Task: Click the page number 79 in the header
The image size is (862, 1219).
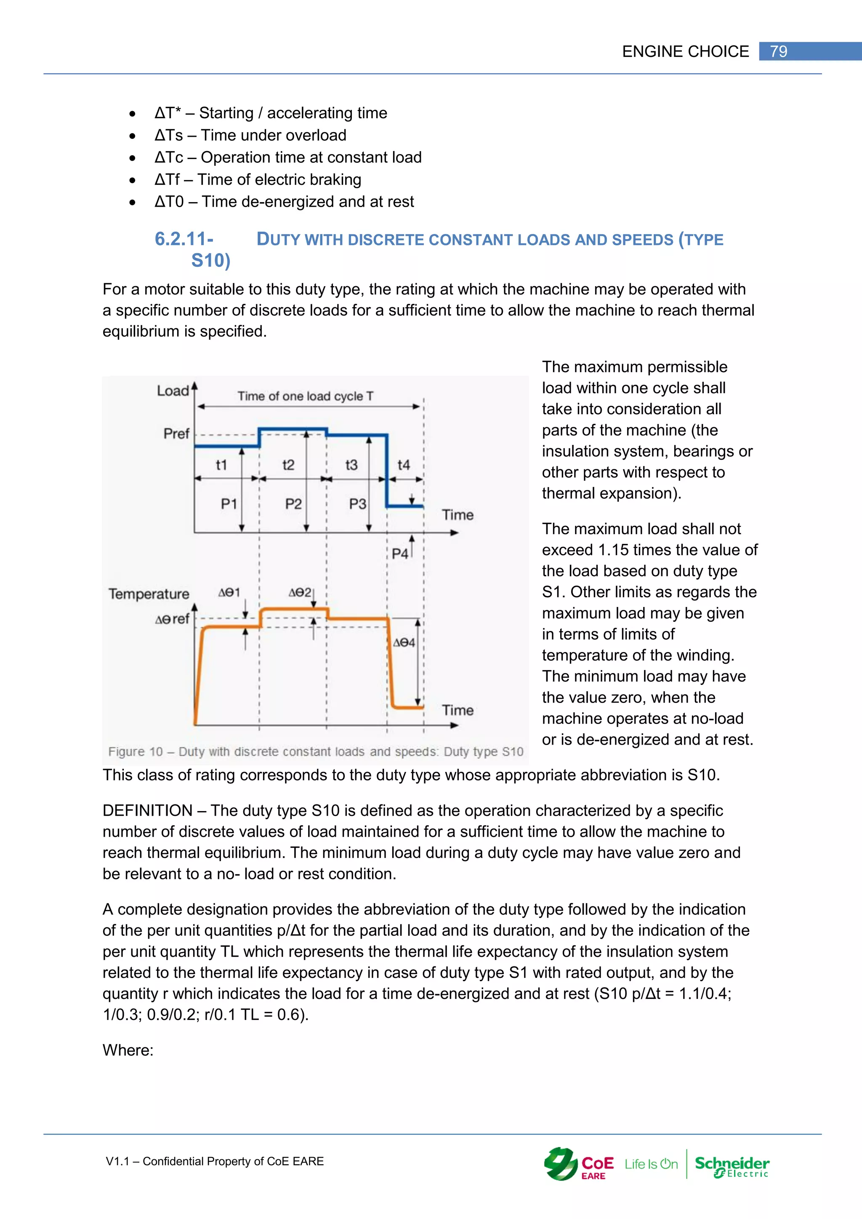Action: pos(778,51)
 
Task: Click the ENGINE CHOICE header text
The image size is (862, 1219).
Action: pos(685,51)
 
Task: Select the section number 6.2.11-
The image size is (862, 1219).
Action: pos(184,239)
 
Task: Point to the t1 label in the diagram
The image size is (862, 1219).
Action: pos(221,465)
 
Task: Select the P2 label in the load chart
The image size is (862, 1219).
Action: pos(293,503)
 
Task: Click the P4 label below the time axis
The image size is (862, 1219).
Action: pos(400,554)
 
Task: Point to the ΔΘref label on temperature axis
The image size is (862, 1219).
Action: pos(172,619)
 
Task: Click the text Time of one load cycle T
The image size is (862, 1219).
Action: pos(305,396)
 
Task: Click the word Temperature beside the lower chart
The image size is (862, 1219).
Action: pos(149,594)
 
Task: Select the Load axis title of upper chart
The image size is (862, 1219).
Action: pos(173,391)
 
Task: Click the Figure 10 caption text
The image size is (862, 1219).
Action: pos(315,751)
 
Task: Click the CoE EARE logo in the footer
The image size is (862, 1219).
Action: pos(579,1164)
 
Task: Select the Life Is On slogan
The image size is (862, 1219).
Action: pos(651,1164)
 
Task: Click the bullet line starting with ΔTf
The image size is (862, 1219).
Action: pos(258,179)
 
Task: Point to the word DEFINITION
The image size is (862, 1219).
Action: pos(147,810)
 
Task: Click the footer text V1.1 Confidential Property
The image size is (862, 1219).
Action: pos(214,1161)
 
